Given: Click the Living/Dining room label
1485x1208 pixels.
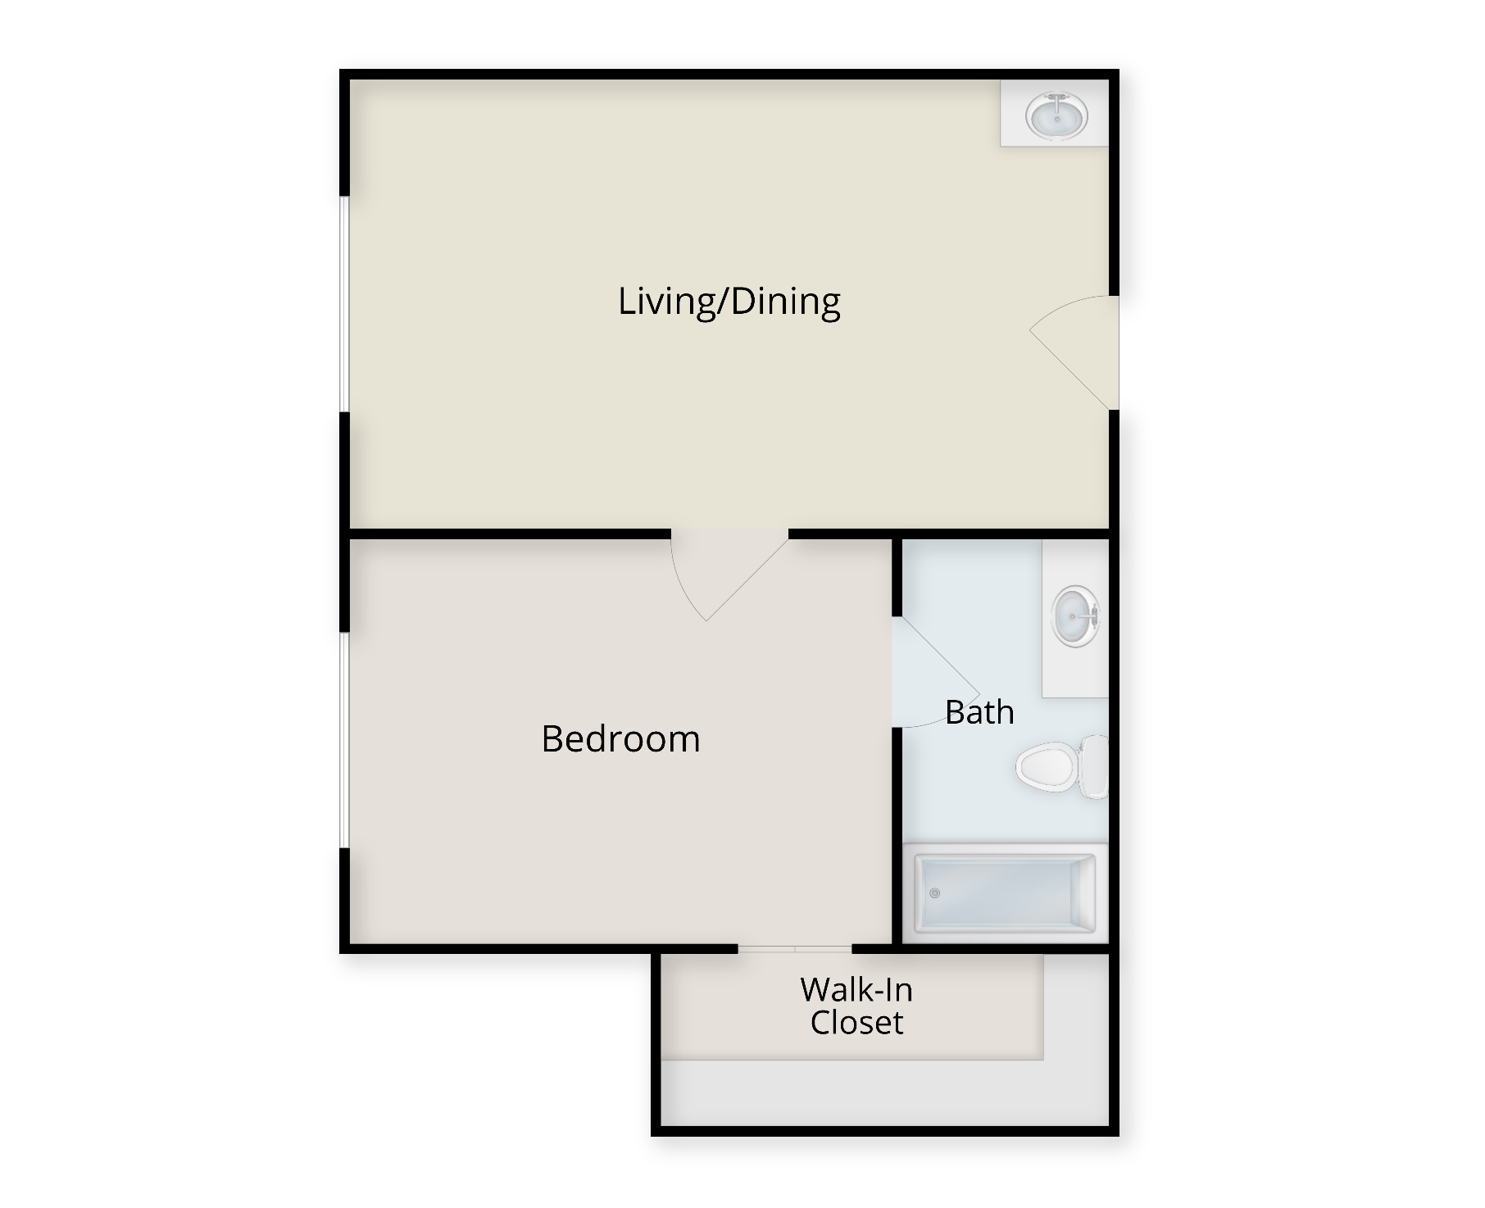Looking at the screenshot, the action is click(x=729, y=302).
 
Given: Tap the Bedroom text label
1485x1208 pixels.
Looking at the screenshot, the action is click(x=620, y=739).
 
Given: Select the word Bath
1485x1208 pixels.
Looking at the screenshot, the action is click(x=979, y=712).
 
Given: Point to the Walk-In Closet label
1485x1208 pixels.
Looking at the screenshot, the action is click(x=856, y=1006).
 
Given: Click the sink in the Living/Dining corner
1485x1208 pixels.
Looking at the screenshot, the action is click(x=1056, y=115).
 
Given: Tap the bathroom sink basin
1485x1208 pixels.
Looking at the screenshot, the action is click(x=1074, y=616).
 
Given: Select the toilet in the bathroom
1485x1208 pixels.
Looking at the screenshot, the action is click(x=1061, y=767).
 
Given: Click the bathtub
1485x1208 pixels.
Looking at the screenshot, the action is click(x=1005, y=893).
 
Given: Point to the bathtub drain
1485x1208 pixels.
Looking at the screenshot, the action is click(x=935, y=893).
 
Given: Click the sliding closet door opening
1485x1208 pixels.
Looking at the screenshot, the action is click(x=795, y=949).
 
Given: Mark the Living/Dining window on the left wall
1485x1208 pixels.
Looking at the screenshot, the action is click(x=345, y=304).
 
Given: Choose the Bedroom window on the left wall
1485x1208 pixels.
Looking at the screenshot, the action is click(x=345, y=740).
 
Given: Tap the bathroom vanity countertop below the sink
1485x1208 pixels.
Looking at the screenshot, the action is click(x=1075, y=674).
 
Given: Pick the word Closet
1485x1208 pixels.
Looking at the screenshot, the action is click(x=856, y=1023).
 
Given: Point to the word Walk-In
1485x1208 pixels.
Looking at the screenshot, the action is click(x=856, y=990).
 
